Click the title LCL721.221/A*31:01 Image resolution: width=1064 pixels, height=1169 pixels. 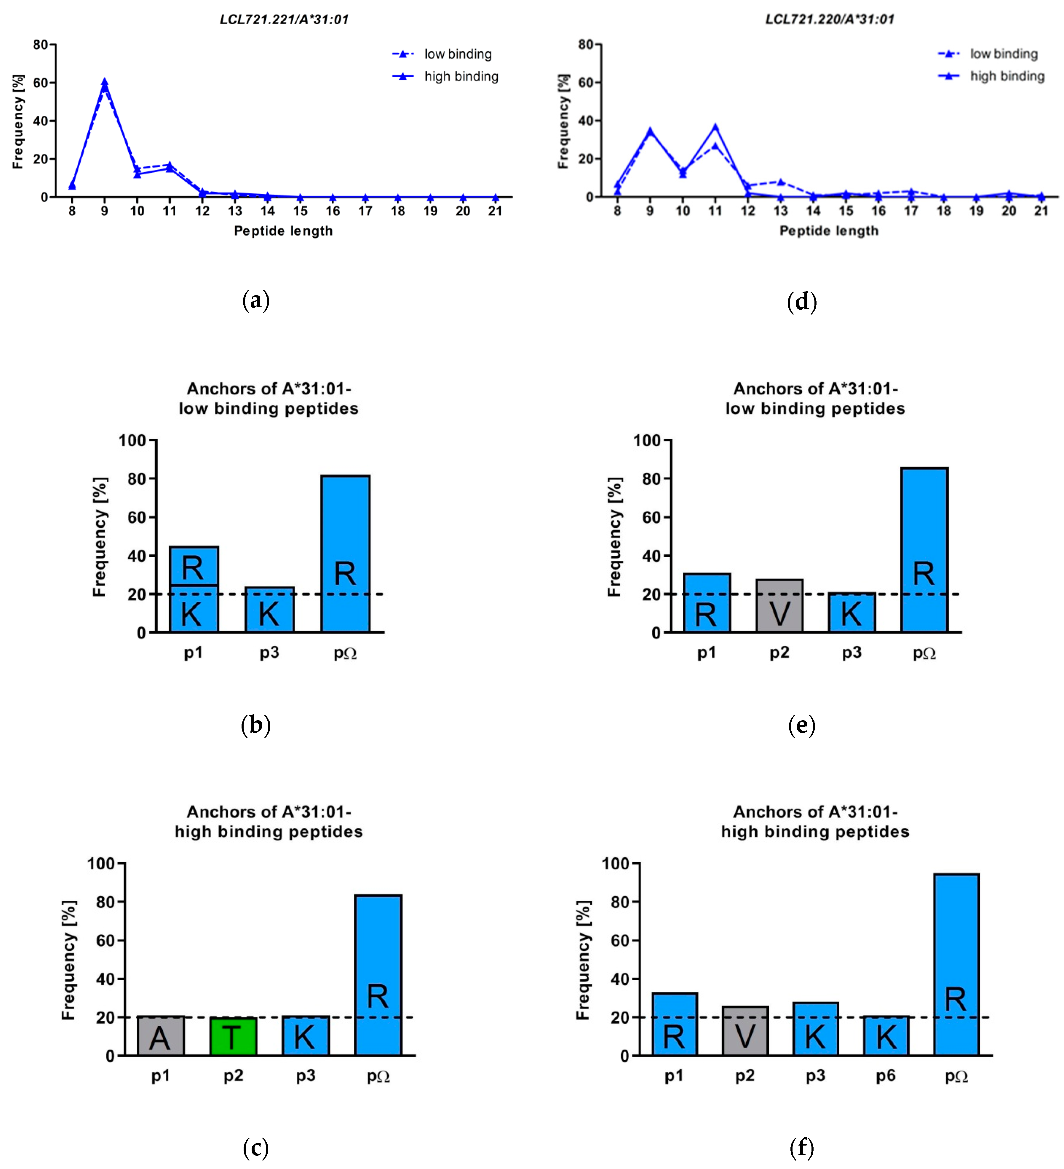(x=284, y=20)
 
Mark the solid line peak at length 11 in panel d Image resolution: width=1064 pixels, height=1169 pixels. (x=715, y=127)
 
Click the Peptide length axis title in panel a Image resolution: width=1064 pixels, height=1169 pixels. (x=283, y=231)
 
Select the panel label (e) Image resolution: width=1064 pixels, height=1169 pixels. (x=801, y=726)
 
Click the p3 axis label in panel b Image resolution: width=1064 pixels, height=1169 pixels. (x=269, y=653)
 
